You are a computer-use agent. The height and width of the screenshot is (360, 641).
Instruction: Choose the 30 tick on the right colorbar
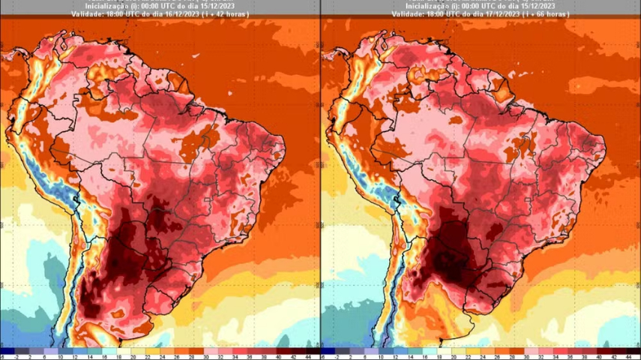pyautogui.click(x=523, y=357)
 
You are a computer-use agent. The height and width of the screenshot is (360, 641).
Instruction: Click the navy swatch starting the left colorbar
pyautogui.click(x=7, y=350)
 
